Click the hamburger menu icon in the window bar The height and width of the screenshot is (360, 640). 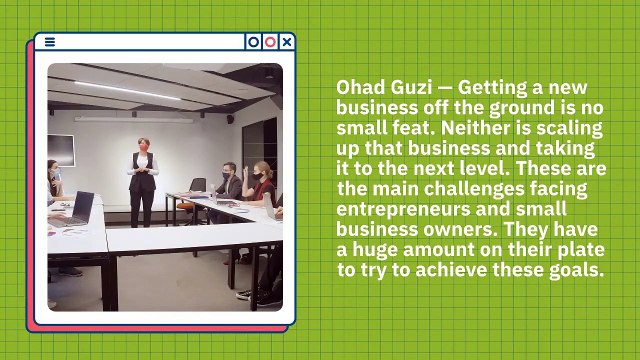tap(49, 42)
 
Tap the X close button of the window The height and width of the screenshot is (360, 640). tap(287, 42)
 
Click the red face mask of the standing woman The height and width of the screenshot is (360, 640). tap(143, 147)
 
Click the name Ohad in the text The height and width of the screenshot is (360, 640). tap(358, 88)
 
